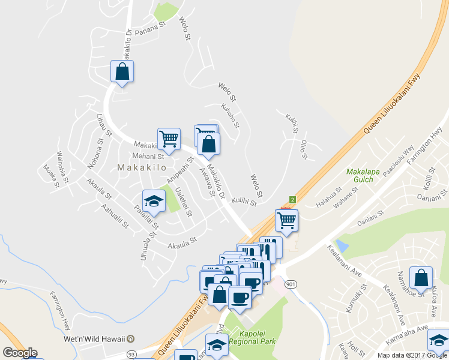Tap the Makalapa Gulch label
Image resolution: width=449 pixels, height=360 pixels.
click(x=364, y=176)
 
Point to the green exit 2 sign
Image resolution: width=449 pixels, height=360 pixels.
click(x=292, y=199)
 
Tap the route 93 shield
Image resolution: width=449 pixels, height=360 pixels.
click(x=131, y=355)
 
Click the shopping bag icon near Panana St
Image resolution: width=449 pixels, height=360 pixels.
click(x=122, y=72)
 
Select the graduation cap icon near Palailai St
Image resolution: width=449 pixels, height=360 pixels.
click(x=154, y=201)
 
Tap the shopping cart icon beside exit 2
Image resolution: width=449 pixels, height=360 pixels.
click(x=287, y=220)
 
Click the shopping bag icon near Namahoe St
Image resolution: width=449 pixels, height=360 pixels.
click(x=421, y=278)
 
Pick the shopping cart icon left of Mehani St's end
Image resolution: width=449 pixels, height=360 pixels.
click(x=169, y=139)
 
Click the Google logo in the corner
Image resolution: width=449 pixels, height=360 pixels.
click(x=20, y=353)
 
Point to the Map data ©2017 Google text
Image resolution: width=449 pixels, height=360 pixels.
click(x=412, y=355)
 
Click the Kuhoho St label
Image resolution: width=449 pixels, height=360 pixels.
click(x=231, y=117)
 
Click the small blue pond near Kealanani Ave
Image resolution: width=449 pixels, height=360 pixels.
click(x=342, y=245)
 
